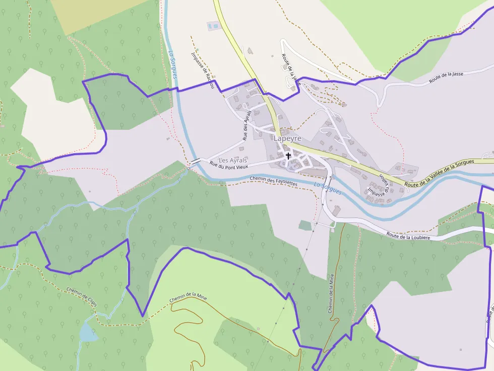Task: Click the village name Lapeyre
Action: tap(287, 138)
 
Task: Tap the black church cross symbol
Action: tap(288, 156)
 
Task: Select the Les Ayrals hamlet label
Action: tap(233, 160)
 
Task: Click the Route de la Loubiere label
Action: tap(408, 235)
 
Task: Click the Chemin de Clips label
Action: tap(81, 294)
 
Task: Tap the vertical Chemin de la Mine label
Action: tap(331, 293)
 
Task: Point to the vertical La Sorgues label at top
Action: tap(172, 64)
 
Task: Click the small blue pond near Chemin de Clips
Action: tap(88, 333)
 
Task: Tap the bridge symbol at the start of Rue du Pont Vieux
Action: tap(195, 161)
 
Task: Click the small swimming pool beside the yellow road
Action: tap(214, 25)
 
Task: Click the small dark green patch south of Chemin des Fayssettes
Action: tap(305, 225)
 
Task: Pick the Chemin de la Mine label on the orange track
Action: tap(188, 298)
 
